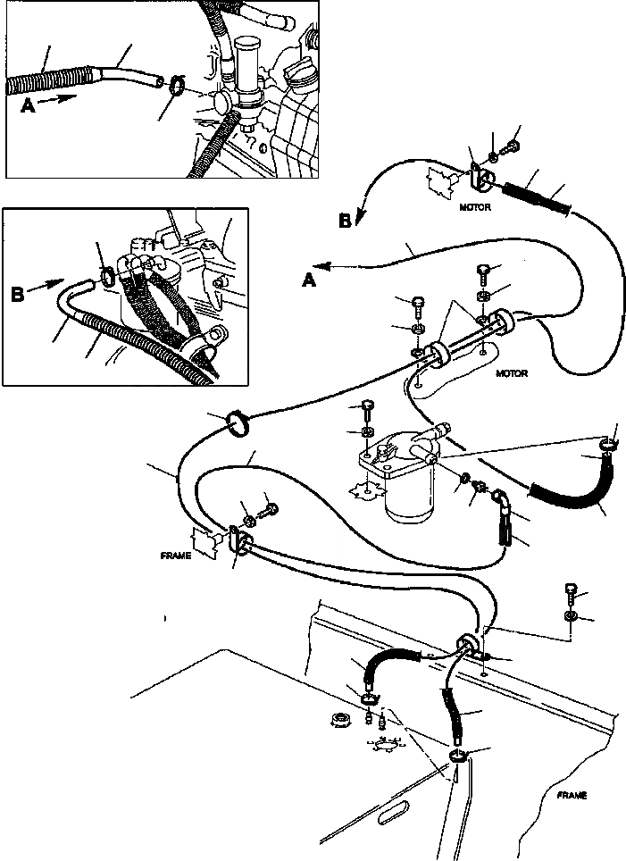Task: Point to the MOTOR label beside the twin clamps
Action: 513,374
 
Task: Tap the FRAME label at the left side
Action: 178,555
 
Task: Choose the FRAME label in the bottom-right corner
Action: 570,794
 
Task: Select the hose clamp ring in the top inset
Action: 175,86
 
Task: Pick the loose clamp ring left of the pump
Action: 238,422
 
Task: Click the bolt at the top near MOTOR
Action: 513,141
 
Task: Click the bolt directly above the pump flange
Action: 368,412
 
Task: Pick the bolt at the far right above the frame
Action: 572,591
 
